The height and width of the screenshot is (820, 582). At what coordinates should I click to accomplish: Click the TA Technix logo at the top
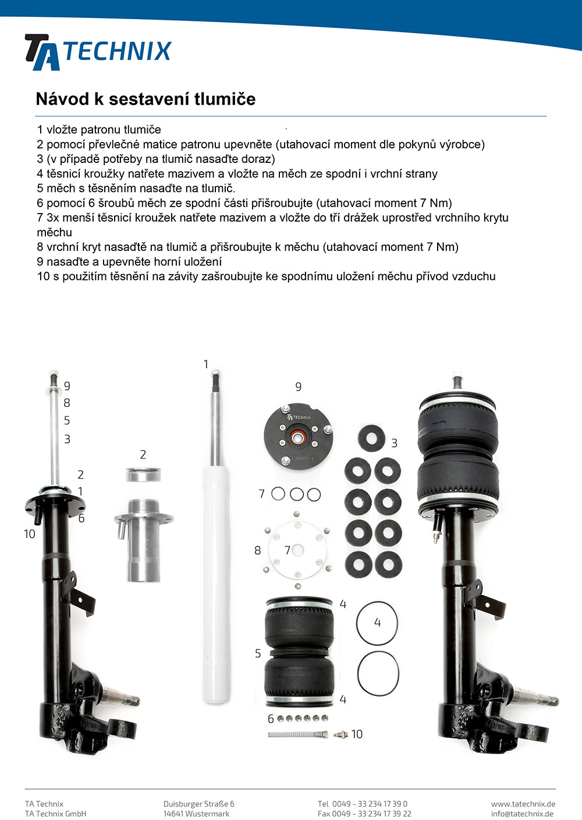[98, 52]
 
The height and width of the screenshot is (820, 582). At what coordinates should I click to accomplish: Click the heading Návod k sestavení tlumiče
[145, 99]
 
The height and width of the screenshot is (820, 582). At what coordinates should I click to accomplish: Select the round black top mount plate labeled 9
[299, 435]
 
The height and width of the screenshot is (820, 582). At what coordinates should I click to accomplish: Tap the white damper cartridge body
[217, 584]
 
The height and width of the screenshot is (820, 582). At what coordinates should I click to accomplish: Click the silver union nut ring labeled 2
[143, 474]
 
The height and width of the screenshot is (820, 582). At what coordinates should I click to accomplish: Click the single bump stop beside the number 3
[371, 438]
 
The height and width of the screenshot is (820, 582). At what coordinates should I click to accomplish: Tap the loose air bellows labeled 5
[299, 652]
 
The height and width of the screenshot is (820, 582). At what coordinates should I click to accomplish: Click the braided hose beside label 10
[298, 734]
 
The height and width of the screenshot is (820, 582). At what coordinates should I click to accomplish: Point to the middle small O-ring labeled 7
[296, 494]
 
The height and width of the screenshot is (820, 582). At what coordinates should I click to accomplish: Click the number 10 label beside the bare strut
[30, 534]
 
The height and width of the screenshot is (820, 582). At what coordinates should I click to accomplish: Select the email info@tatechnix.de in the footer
[523, 814]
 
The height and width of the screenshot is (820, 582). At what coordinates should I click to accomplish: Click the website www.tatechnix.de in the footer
[523, 804]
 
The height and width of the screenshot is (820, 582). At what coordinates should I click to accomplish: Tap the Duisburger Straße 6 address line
[199, 804]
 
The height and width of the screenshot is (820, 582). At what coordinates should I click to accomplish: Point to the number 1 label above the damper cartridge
[206, 364]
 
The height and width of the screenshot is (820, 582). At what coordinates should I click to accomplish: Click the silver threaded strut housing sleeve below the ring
[143, 540]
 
